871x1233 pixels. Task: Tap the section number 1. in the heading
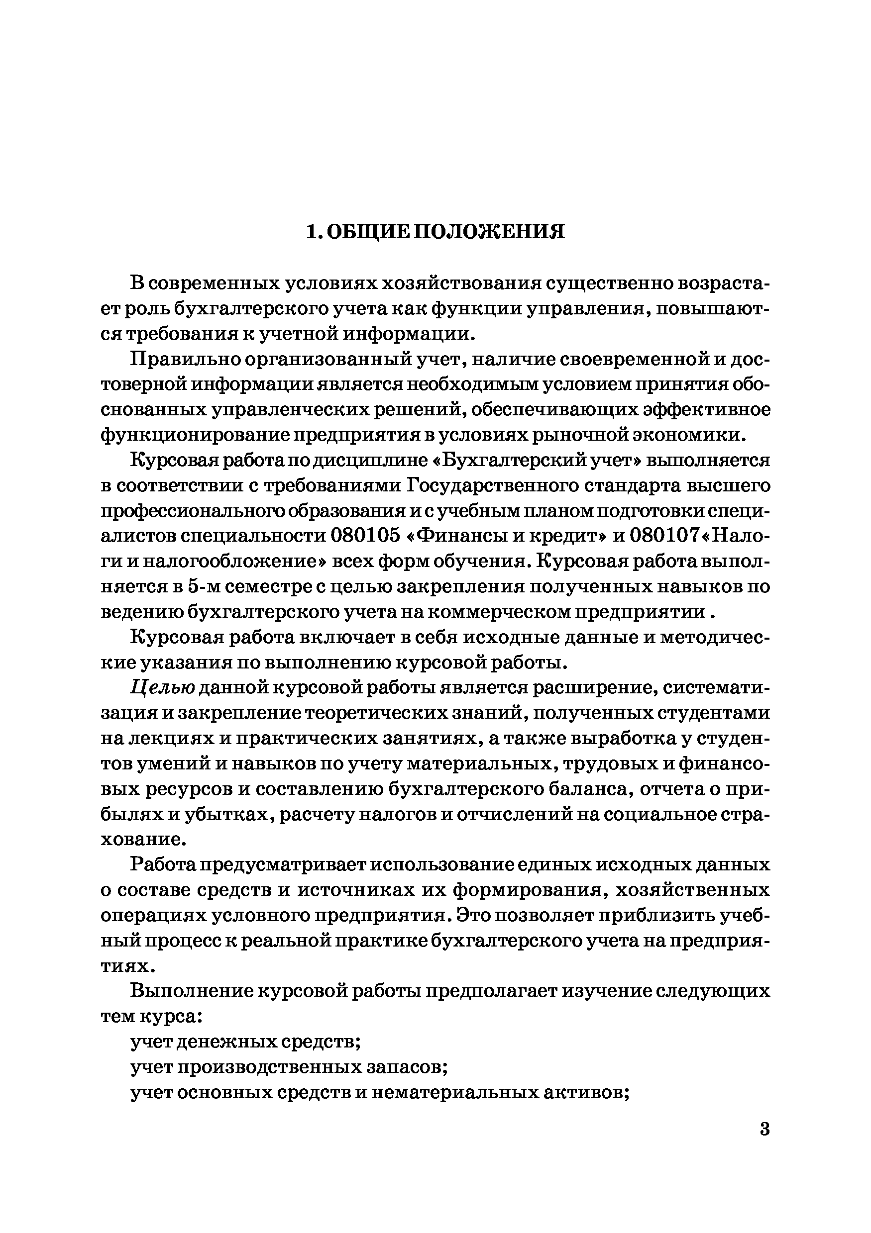pos(315,232)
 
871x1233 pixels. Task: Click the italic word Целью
pos(162,688)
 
